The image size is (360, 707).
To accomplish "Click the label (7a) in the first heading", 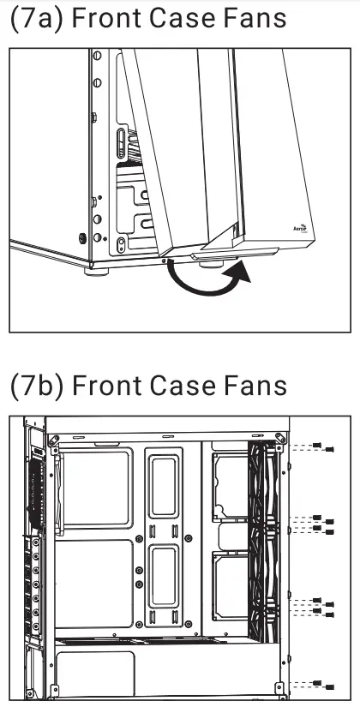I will [x=34, y=19].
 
